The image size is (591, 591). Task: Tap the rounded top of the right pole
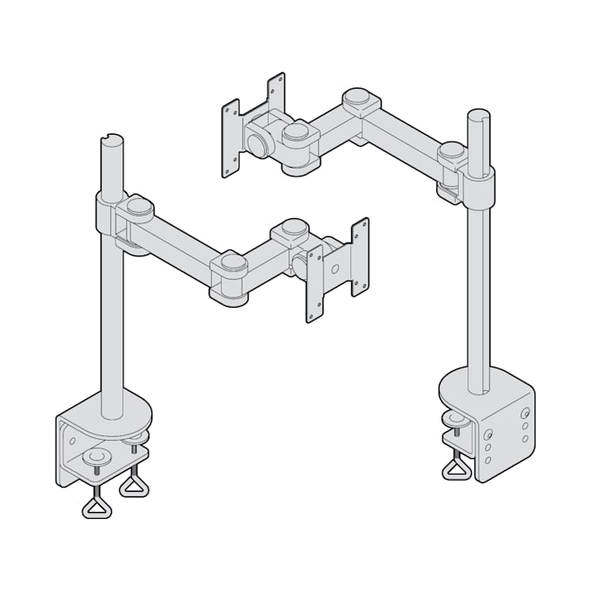pos(478,116)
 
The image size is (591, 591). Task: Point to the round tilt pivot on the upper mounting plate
pos(257,139)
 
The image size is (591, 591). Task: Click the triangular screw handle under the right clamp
pos(457,470)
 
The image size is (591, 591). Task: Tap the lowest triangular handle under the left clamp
pos(96,506)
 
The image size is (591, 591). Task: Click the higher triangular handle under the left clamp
pos(134,483)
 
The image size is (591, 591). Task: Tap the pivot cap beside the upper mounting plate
pos(295,132)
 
